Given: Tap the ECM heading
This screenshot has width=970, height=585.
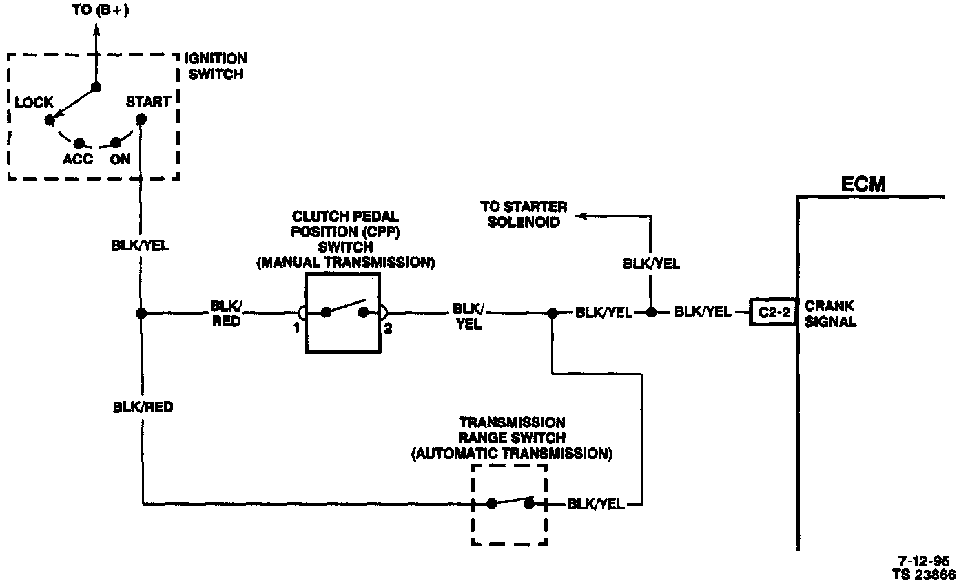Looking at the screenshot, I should point(863,184).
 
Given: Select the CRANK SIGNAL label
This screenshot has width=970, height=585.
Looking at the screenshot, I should point(830,313).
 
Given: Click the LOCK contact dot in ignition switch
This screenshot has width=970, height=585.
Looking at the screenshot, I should point(49,120).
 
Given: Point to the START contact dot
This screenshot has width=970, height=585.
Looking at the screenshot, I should point(141,118).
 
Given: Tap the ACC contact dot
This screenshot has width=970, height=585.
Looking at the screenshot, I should point(79,143).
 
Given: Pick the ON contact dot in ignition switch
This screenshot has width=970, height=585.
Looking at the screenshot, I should point(116,143).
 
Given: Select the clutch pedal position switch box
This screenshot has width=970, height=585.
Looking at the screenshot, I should point(342,313).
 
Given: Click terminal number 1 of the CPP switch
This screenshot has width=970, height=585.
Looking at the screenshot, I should point(296,328).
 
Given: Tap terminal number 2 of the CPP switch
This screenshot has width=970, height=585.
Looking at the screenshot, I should point(388,328).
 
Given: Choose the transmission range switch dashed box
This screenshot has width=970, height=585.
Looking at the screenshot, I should point(509,504).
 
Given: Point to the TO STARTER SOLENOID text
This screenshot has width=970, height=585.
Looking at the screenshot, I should point(524,214).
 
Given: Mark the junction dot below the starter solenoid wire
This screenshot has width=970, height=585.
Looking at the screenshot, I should point(650,312).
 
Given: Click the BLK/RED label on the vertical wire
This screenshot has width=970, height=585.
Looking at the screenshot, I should point(143,407).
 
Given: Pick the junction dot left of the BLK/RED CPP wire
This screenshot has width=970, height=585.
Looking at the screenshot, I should point(141,313).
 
